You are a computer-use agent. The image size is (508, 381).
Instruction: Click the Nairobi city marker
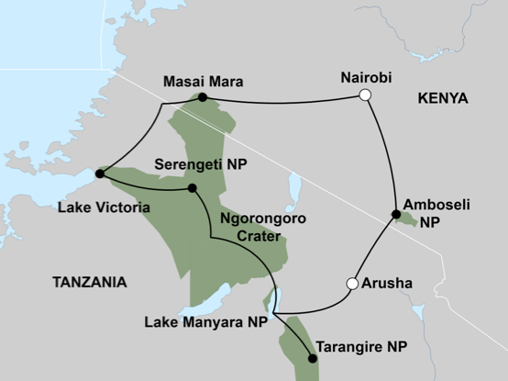(365, 95)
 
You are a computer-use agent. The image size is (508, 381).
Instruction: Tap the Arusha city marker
(351, 284)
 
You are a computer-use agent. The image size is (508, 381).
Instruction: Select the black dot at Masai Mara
(202, 97)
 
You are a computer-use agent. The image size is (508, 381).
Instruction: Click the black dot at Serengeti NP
(193, 188)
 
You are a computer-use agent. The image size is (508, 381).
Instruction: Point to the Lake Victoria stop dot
(99, 172)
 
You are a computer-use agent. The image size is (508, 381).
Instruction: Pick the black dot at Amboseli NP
(396, 215)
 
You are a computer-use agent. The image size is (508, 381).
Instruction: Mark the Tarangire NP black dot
(313, 358)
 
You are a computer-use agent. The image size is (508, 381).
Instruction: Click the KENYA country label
(442, 98)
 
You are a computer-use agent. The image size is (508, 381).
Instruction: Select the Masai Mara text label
(202, 81)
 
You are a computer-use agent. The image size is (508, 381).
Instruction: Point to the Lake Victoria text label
(104, 208)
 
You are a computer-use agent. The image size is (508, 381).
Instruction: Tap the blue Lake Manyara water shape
(211, 300)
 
